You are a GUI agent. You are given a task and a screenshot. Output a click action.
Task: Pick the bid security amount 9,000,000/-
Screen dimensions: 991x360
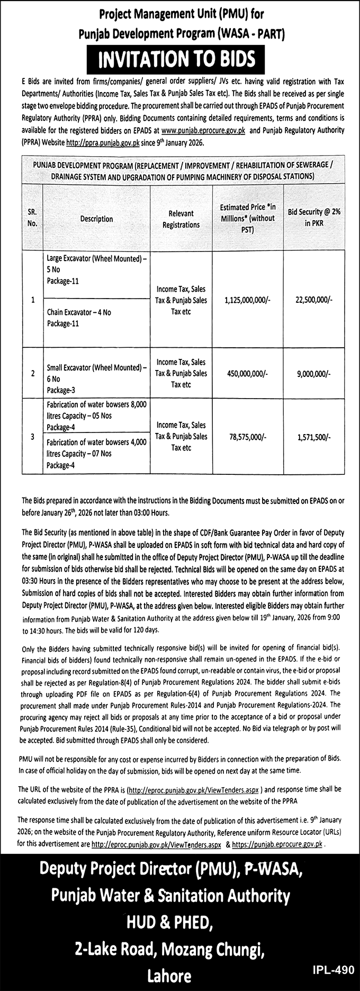click(x=314, y=373)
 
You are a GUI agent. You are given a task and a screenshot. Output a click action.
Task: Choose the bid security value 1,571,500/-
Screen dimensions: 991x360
click(x=314, y=436)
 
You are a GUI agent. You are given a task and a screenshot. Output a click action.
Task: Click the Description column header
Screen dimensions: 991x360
click(x=96, y=219)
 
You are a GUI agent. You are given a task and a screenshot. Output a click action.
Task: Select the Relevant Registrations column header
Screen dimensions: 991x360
click(x=181, y=219)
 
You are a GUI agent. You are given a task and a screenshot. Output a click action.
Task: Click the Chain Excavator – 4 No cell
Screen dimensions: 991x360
click(x=79, y=318)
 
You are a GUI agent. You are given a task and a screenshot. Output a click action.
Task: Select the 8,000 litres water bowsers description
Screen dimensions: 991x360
click(x=97, y=416)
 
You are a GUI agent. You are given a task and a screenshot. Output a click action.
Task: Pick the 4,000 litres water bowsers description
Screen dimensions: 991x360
click(x=97, y=454)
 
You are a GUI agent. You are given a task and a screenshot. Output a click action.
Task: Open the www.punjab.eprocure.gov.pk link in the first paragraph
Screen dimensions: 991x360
click(x=203, y=130)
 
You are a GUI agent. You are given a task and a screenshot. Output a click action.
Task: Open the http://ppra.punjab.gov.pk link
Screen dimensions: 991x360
click(x=103, y=143)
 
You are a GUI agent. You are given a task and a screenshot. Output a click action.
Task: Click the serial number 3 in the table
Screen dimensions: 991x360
click(x=33, y=436)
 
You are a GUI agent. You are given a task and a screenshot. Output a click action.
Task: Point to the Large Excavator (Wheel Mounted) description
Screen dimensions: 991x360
click(x=97, y=269)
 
